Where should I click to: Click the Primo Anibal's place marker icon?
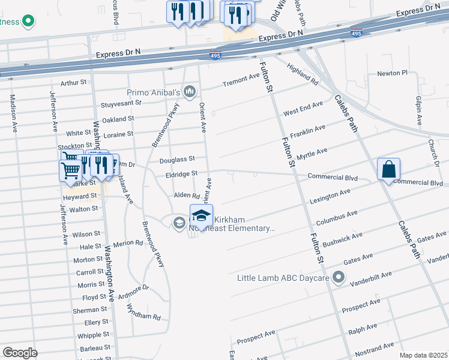pos(190,91)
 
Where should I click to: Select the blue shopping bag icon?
pos(388,170)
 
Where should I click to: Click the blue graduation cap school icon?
pos(201,216)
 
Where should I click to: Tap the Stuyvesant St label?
pos(121,103)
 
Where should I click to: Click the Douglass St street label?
pos(177,160)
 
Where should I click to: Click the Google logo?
pos(20,352)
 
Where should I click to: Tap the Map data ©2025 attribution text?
pos(423,355)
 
